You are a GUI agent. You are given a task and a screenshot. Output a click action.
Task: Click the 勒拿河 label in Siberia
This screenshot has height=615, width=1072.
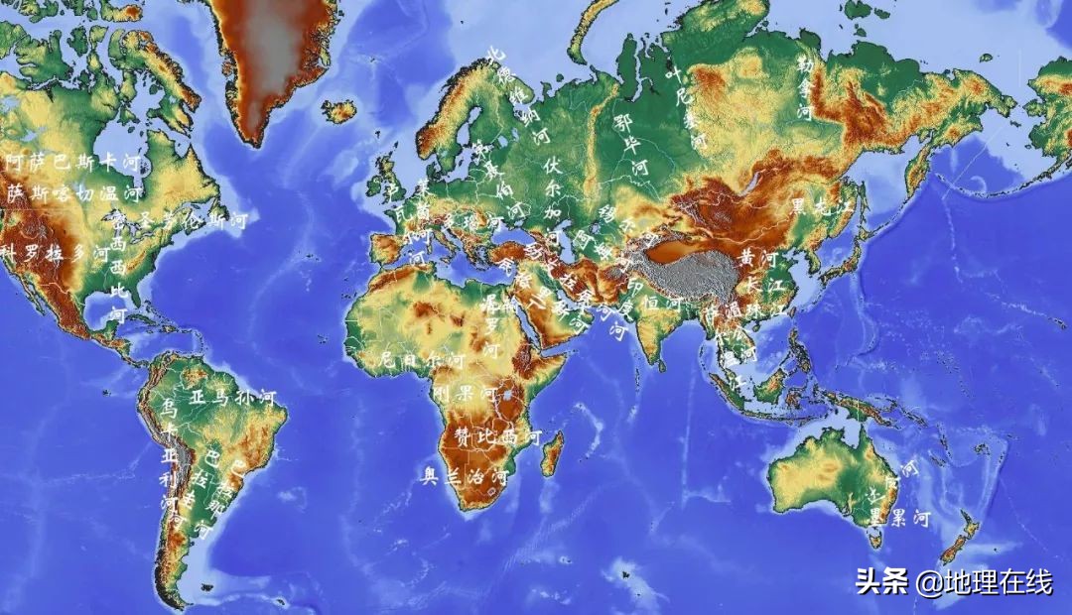click(804, 87)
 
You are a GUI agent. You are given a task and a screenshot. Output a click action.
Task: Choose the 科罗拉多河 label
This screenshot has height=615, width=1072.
click(55, 252)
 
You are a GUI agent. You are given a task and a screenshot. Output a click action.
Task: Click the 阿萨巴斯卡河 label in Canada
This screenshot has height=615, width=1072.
click(74, 161)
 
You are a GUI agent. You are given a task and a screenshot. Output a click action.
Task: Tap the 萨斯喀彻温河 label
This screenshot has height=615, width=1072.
click(74, 191)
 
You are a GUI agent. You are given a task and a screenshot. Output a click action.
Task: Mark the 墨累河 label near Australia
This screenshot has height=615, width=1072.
click(898, 517)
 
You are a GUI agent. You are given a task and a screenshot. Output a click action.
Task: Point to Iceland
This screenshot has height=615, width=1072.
click(338, 111)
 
